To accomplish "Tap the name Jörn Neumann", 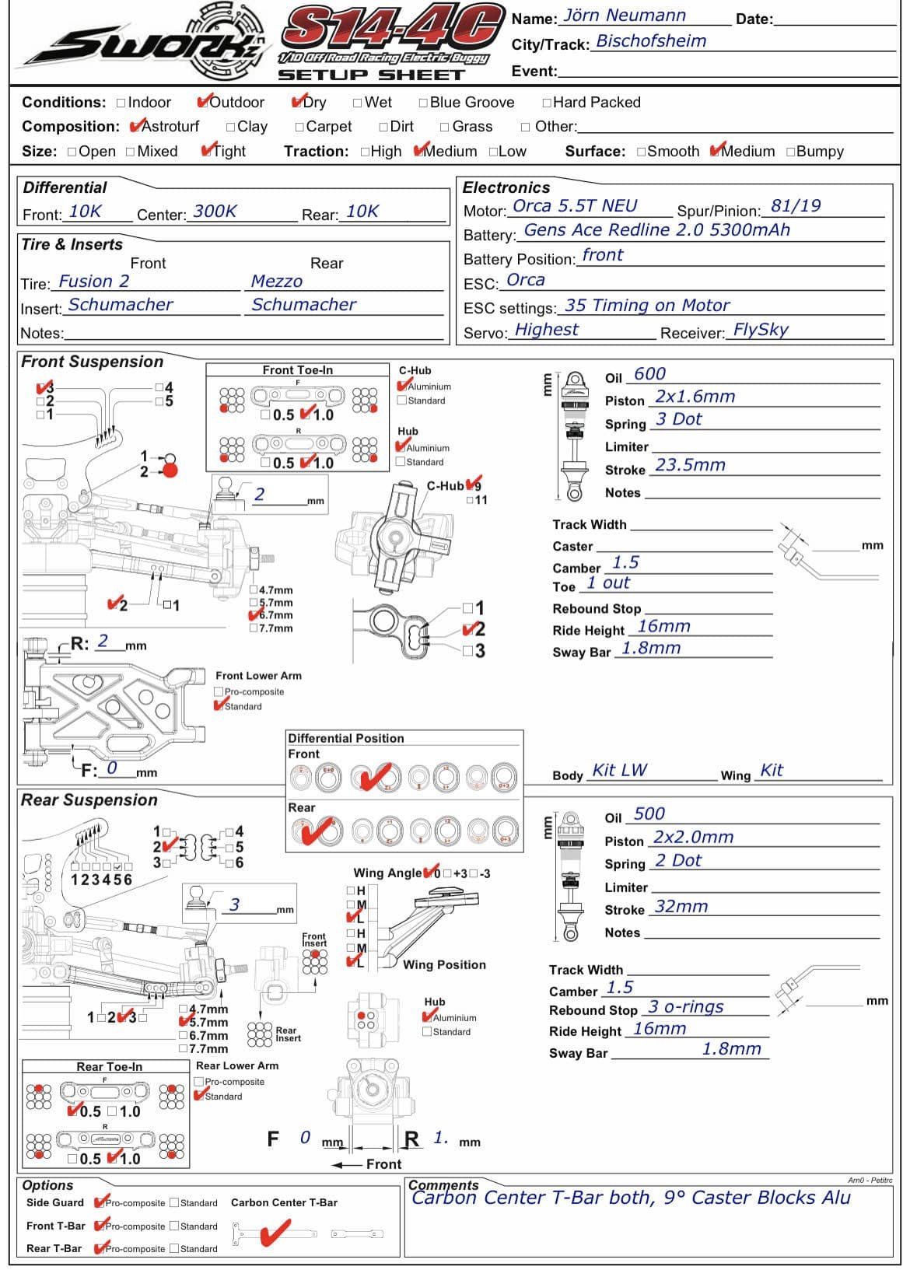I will click(625, 16).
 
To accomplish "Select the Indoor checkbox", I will click(121, 103).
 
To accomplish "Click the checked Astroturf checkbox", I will click(137, 126).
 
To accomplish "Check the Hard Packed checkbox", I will click(547, 103).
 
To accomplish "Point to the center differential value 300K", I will click(215, 212).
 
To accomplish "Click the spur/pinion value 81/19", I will click(795, 206).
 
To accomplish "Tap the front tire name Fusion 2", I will click(93, 282).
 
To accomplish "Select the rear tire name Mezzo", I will click(276, 282).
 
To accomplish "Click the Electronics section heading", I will click(506, 187).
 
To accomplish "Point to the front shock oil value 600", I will click(649, 374).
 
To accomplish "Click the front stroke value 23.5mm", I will click(690, 465).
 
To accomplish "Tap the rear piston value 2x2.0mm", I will click(693, 838).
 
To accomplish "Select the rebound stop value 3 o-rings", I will click(685, 1007).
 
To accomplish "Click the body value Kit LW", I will click(619, 771).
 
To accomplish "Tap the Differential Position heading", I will click(346, 738).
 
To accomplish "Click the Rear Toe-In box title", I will click(109, 1067).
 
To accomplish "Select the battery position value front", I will click(602, 255).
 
